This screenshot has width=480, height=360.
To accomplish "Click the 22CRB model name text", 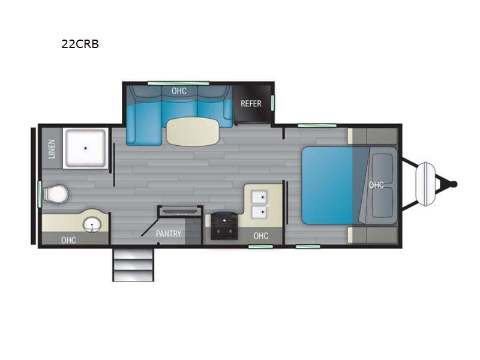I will pos(80,43).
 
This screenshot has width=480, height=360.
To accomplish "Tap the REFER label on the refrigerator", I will pos(251,103).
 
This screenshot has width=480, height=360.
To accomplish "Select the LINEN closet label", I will pos(51,149).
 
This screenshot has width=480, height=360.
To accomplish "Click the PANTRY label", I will pos(169,234).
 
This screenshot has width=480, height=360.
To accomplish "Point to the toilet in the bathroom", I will pos(56,194).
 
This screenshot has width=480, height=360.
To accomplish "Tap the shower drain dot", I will pos(85,148).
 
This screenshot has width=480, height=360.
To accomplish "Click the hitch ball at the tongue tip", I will pos(454,184).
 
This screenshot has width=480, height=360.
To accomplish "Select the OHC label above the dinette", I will pos(178,91).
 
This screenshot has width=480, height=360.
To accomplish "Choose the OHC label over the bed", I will pos(376,185).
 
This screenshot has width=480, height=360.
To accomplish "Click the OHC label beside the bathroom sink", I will pos(68,240).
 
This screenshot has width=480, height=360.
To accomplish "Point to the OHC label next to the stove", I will pos(261,236).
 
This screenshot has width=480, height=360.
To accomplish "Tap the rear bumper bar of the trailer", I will pos(34,185).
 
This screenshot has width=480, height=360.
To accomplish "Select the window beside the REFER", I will pos(272,103).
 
